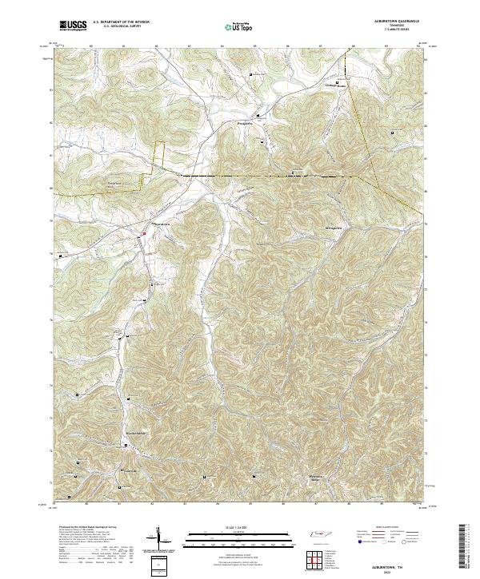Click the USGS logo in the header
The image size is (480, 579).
(73, 26)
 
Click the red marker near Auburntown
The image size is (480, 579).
(144, 233)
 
